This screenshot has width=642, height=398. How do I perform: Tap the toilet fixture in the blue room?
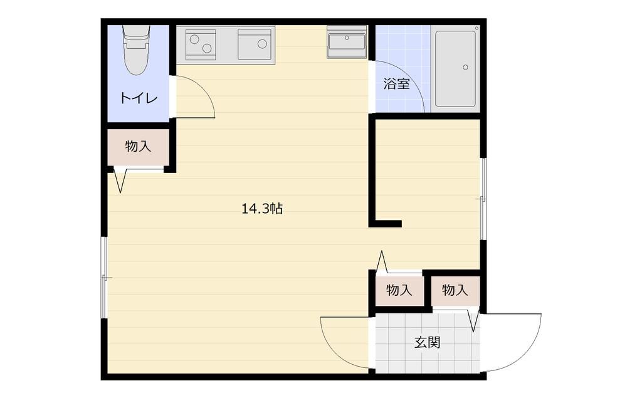(136, 50)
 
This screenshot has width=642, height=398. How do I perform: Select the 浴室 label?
(396, 84)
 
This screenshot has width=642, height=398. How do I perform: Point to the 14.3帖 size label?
(261, 209)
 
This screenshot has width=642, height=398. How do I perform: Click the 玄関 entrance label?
(427, 342)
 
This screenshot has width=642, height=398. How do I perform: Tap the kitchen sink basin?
(255, 45)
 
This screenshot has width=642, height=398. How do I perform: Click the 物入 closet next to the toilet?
(138, 147)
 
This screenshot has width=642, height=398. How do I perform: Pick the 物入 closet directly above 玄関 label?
(399, 291)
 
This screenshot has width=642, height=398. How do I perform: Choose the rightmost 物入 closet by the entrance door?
(455, 290)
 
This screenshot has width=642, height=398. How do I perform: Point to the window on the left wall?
(105, 277)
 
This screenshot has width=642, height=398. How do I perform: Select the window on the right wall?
(483, 198)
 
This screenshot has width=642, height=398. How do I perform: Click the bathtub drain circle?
(465, 66)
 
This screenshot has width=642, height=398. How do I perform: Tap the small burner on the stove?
(194, 39)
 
